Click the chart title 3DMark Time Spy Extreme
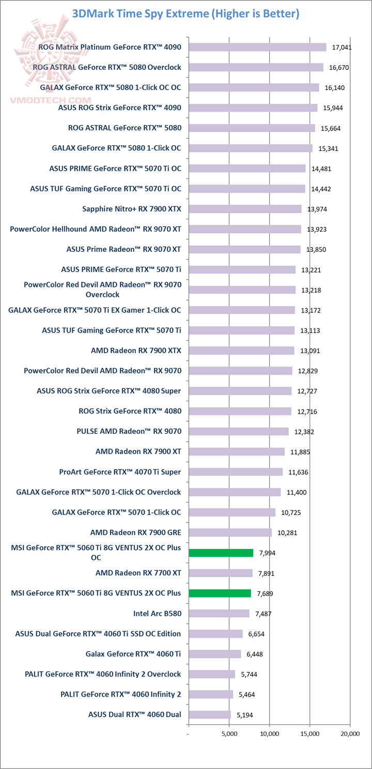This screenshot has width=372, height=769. click(x=185, y=14)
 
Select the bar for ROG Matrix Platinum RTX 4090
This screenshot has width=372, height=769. click(x=257, y=47)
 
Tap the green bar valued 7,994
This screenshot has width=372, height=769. click(x=221, y=553)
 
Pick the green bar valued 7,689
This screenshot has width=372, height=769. click(x=220, y=593)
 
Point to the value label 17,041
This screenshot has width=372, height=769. click(x=342, y=47)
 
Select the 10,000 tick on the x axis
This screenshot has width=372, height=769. click(x=269, y=733)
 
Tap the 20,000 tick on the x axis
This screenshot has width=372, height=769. click(x=350, y=733)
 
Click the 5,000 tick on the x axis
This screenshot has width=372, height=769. click(x=229, y=733)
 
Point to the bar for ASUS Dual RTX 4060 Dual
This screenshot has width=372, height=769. click(x=210, y=715)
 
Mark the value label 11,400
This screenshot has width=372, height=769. click(x=297, y=492)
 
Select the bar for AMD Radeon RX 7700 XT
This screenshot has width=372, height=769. click(x=221, y=573)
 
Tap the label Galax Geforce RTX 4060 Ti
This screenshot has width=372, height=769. click(x=133, y=654)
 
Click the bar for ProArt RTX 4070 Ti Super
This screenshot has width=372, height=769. click(x=236, y=472)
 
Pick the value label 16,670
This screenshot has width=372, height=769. click(x=339, y=67)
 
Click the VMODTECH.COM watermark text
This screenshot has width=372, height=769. click(x=51, y=100)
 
